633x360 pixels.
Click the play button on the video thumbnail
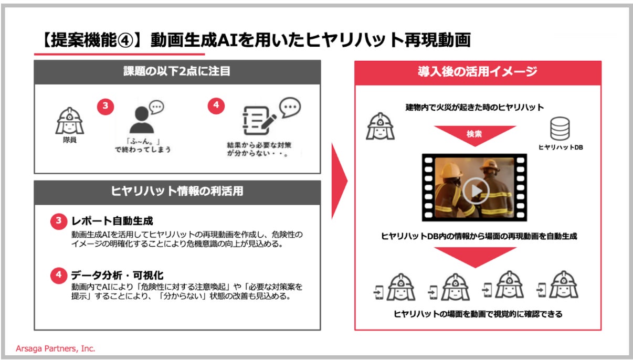point(476,190)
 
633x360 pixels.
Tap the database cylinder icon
point(560,129)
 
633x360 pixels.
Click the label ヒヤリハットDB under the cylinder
point(561,147)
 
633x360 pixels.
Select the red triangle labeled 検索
point(475,135)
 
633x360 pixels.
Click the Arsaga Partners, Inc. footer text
point(56,348)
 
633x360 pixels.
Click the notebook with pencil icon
point(259,120)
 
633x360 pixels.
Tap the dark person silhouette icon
point(142,120)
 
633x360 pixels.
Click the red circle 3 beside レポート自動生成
point(59,221)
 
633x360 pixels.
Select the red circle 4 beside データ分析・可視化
point(59,275)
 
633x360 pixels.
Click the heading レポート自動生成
point(112,221)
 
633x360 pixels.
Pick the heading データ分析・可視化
point(117,275)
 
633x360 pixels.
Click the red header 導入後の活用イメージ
point(478,72)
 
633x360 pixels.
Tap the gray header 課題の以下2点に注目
point(177,72)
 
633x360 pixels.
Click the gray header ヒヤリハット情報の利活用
point(177,192)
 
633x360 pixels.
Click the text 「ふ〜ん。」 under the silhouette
point(143,141)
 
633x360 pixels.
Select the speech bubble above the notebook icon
point(290,107)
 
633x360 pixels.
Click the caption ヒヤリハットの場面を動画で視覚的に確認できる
point(478,314)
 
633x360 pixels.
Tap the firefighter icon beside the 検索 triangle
point(381,126)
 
